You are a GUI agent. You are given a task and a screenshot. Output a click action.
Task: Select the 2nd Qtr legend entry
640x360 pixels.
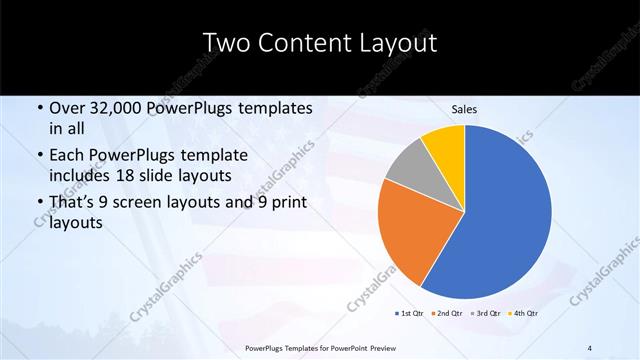point(447,314)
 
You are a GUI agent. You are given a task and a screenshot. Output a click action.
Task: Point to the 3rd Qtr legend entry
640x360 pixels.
point(484,314)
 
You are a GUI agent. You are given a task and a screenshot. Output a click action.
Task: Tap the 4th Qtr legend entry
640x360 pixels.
point(522,314)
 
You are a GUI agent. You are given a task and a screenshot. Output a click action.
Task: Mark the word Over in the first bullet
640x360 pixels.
point(68,108)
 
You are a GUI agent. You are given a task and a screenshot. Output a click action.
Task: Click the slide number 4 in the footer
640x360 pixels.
point(591,347)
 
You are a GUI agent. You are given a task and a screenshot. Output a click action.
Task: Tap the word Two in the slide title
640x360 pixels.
point(224,44)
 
